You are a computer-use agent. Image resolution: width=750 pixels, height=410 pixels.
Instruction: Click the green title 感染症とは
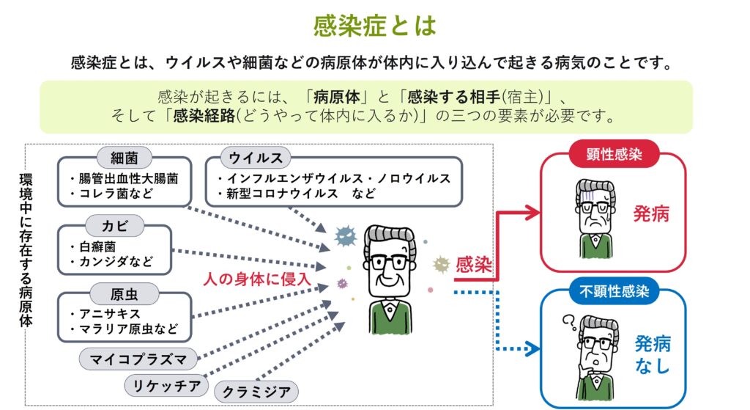pos(375,26)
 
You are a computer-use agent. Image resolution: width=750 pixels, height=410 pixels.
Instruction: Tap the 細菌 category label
pos(125,158)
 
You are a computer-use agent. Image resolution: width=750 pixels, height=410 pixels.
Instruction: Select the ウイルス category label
pos(256,158)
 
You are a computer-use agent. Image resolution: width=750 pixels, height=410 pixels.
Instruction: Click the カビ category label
pos(115,226)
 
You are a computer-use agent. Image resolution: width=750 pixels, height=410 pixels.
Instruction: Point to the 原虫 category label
pos(125,293)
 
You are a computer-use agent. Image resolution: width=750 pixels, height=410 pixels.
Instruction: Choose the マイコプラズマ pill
pos(138,359)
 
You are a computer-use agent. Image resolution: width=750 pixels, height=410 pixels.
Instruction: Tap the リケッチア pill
pos(166,386)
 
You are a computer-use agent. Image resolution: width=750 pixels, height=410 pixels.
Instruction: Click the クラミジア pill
pos(256,392)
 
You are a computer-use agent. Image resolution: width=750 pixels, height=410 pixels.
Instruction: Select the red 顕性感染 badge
pos(615,154)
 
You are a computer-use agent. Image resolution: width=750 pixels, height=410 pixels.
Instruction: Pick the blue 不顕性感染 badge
pos(615,290)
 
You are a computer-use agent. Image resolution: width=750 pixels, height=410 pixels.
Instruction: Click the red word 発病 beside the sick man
pos(651,213)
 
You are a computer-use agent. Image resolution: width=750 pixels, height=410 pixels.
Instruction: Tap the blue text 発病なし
pos(653,354)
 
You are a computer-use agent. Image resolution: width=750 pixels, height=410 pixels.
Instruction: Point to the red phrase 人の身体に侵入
pos(257,279)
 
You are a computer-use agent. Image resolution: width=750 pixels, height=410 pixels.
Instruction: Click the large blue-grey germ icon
pos(346,236)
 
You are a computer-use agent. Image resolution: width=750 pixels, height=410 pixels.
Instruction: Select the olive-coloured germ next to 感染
pos(441,264)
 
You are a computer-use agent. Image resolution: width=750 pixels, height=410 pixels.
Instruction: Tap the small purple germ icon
pos(343,284)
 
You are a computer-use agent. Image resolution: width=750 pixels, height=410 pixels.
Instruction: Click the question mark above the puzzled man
pos(569,322)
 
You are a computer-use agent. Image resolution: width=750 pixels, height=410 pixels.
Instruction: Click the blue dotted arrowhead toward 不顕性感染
pos(532,348)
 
